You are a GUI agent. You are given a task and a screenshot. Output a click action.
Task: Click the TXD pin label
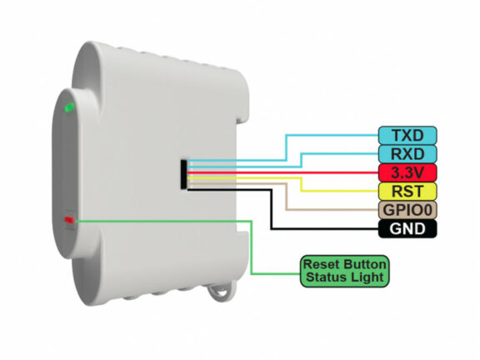(407, 135)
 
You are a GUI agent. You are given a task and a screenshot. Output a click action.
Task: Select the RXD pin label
(407, 154)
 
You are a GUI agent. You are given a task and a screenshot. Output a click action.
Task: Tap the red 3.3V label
(407, 172)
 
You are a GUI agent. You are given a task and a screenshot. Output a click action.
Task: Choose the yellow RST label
(407, 192)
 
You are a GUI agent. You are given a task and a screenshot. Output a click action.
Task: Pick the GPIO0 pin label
(407, 210)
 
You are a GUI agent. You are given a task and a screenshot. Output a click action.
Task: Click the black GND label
(407, 228)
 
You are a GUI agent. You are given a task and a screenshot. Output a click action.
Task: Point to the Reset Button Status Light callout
(345, 271)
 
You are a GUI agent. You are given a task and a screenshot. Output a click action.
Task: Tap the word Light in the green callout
(367, 277)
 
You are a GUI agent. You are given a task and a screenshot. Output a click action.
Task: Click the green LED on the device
(69, 107)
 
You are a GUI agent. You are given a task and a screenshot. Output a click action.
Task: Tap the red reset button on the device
(69, 220)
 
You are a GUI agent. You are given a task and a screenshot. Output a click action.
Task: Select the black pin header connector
(183, 174)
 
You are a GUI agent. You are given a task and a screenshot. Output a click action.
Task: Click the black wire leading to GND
(272, 209)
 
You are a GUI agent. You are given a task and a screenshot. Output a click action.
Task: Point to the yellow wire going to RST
(302, 184)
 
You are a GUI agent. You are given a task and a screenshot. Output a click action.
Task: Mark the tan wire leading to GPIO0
(286, 196)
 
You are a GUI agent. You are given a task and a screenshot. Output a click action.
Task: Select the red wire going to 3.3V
(282, 173)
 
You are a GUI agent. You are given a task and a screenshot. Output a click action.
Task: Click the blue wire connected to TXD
(286, 147)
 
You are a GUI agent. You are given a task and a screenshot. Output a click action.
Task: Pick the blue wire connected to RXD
(302, 160)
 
